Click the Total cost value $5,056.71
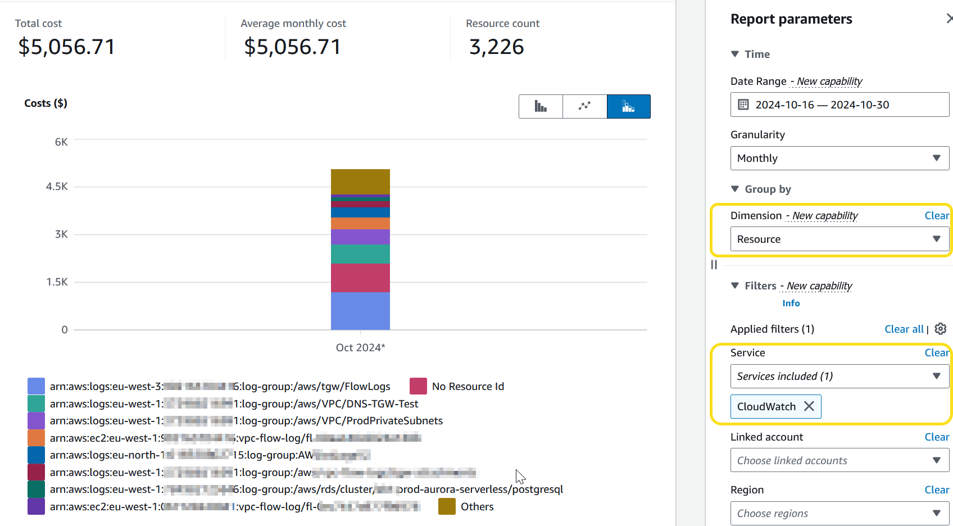(66, 47)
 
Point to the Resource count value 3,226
(496, 47)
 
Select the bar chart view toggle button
(541, 106)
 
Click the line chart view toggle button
(584, 106)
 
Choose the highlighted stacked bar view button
(628, 106)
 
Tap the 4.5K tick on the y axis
(57, 186)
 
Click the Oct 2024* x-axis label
(360, 347)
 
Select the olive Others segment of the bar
(360, 182)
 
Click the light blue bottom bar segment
(360, 310)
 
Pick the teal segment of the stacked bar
(360, 254)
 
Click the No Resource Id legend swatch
(418, 386)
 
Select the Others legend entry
(476, 506)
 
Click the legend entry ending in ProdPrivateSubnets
(246, 420)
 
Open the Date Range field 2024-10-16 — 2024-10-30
(839, 105)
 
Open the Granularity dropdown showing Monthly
(839, 158)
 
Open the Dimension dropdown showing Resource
(839, 239)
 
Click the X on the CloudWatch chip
(809, 406)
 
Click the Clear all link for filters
(904, 329)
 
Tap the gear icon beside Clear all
(941, 329)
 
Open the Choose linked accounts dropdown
(839, 460)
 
